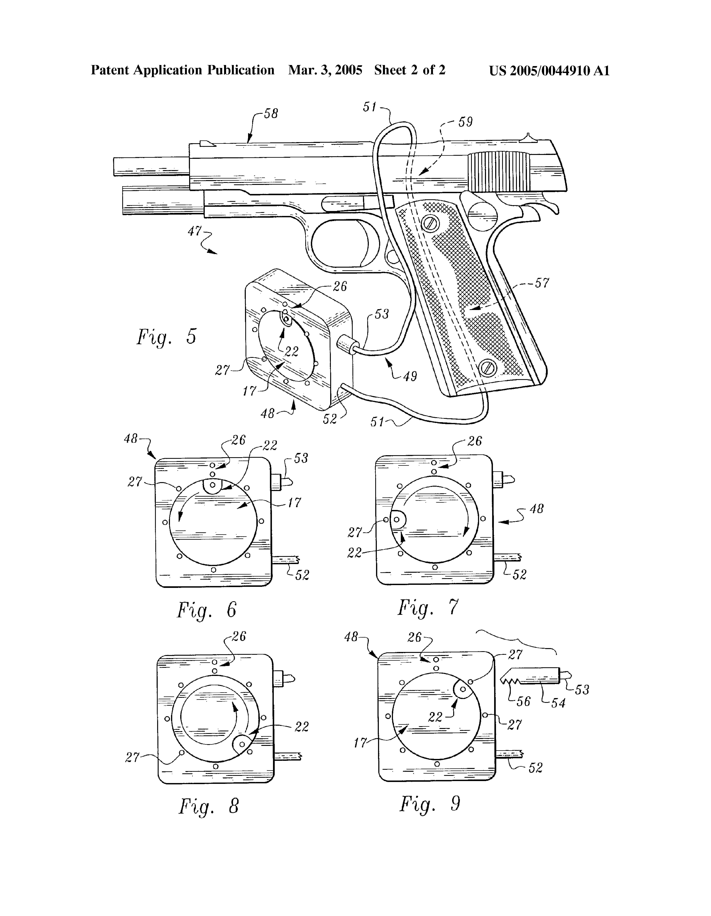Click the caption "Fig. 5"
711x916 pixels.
click(166, 337)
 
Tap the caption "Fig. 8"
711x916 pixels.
click(209, 806)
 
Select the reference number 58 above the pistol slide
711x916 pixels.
click(271, 114)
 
